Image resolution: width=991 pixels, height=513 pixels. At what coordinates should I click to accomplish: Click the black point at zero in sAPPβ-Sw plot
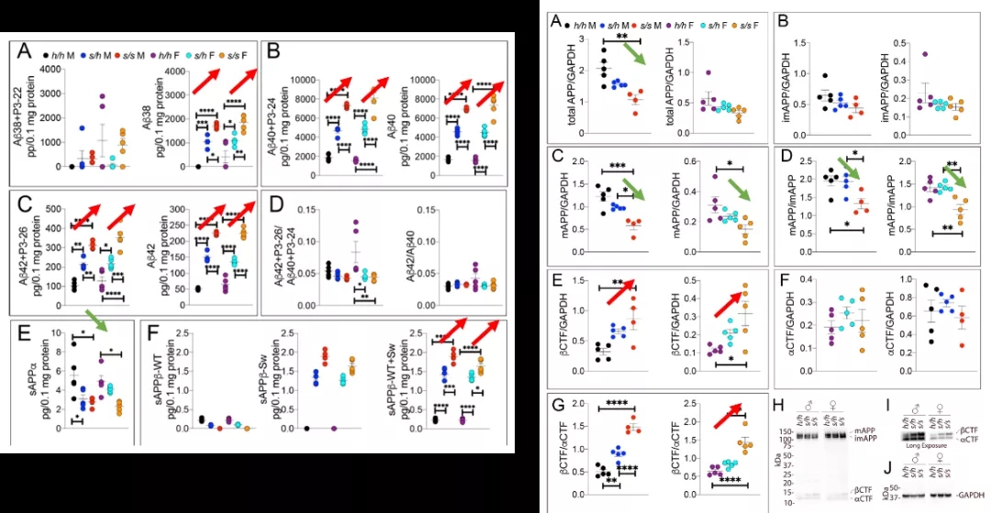pyautogui.click(x=306, y=429)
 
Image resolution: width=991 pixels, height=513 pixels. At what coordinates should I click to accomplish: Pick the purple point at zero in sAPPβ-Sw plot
pyautogui.click(x=333, y=429)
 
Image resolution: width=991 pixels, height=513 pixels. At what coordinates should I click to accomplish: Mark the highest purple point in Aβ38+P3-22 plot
pyautogui.click(x=102, y=95)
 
